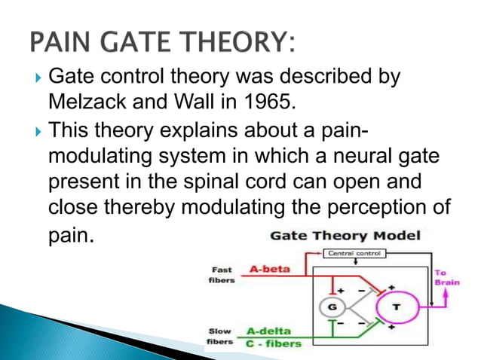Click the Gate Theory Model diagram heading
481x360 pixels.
(x=345, y=236)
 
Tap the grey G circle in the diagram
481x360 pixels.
(x=329, y=307)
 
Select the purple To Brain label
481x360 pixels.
(x=445, y=278)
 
